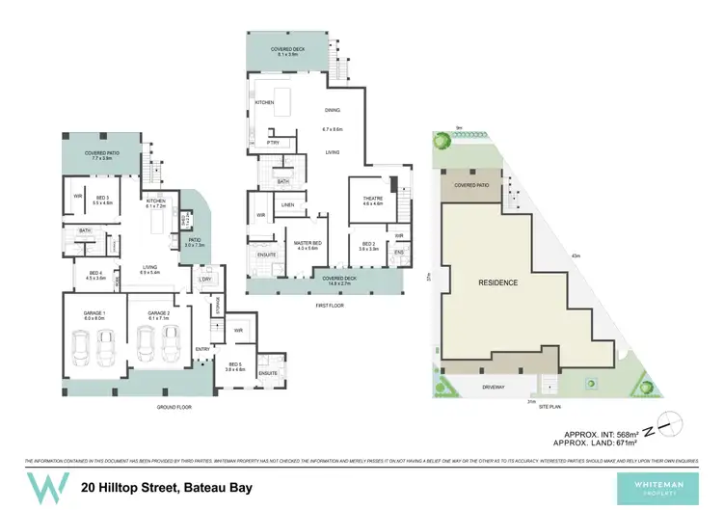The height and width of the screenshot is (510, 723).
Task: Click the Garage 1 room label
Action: pos(92,315)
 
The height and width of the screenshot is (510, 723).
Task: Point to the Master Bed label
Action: pos(308,245)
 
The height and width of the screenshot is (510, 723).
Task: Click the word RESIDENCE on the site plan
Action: pos(498,282)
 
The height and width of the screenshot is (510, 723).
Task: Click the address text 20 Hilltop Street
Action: pos(167,487)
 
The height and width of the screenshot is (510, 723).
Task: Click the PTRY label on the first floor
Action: pos(273,143)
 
